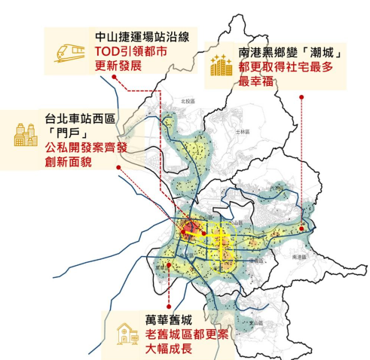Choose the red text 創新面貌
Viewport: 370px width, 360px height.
[x=68, y=162]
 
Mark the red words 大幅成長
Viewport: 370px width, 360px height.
[x=170, y=349]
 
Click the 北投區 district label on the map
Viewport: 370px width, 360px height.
[x=188, y=99]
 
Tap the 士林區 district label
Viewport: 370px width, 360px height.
[x=242, y=131]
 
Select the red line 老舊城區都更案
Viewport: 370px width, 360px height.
[x=187, y=334]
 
